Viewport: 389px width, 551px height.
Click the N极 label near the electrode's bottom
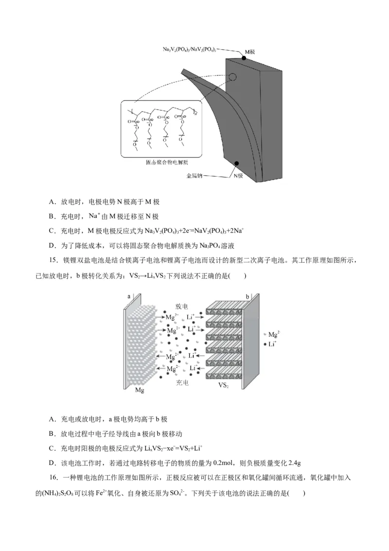pos(239,176)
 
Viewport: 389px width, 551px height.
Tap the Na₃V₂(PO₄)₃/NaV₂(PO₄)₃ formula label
pos(190,50)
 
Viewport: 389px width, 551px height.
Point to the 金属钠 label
pos(194,176)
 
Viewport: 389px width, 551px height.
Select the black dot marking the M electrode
pos(244,58)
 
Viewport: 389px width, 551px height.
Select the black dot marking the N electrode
pos(237,164)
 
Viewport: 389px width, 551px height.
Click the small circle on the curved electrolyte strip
pos(232,77)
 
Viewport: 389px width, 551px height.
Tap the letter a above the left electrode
pos(129,296)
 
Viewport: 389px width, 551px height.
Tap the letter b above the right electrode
pos(247,296)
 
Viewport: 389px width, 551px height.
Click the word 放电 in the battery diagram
pos(182,306)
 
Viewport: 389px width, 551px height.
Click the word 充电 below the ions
pos(182,383)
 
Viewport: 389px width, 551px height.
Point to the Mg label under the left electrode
pos(140,390)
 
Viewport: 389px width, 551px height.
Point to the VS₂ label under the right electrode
pos(224,385)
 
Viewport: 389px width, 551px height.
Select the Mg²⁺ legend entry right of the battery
pos(274,335)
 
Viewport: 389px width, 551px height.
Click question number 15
pos(53,261)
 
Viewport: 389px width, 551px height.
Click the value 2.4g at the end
pos(294,463)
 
